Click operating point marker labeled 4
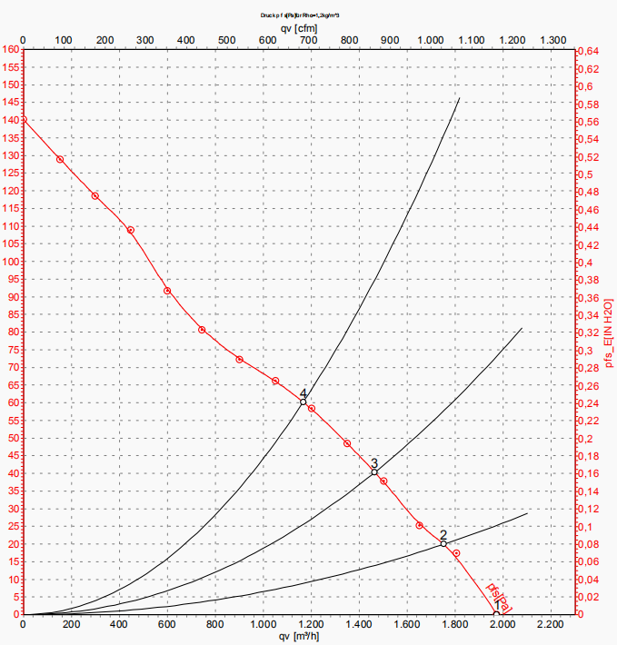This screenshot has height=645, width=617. (304, 402)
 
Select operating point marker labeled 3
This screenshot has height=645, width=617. (374, 471)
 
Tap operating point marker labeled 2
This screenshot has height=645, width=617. (443, 543)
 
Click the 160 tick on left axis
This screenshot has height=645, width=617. (11, 50)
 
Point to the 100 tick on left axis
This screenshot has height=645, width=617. (11, 262)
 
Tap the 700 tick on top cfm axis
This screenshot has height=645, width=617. (309, 40)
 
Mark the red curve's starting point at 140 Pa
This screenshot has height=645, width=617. (23, 120)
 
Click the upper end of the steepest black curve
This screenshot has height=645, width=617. (460, 98)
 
